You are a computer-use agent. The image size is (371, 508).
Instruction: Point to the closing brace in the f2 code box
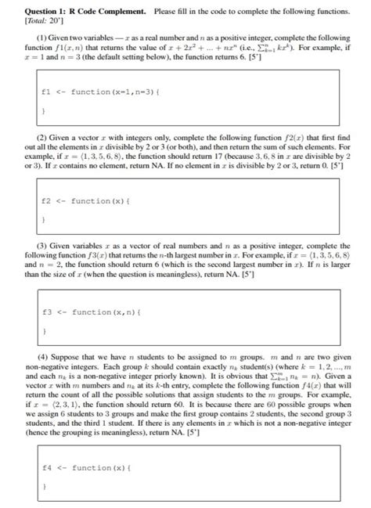pyautogui.click(x=45, y=221)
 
